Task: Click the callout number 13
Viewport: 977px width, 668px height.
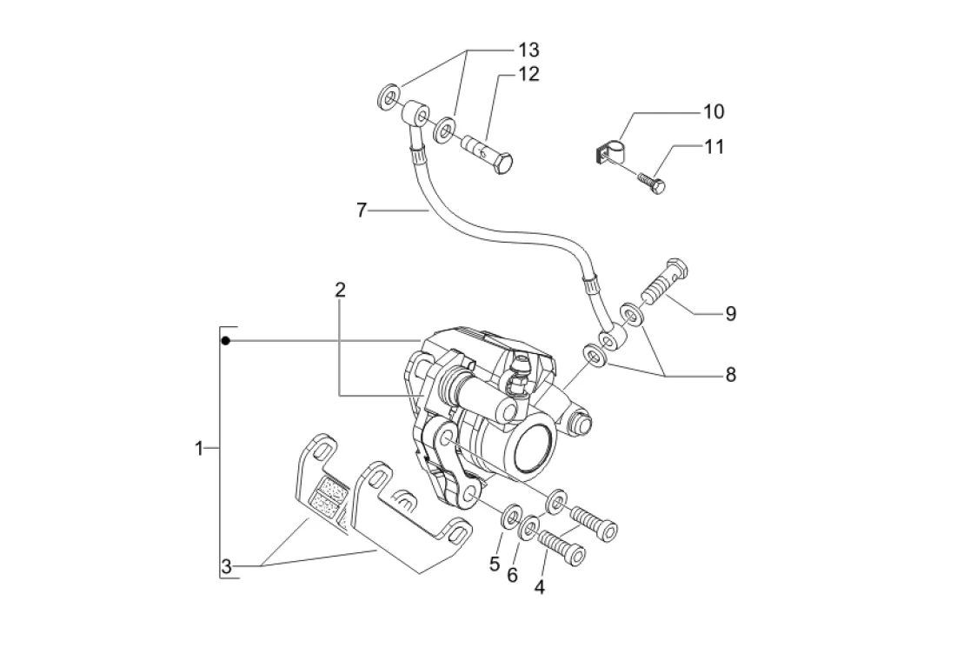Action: [529, 50]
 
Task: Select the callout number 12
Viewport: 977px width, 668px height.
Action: [529, 74]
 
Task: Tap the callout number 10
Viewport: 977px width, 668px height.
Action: [714, 111]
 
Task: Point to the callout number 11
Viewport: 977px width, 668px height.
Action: [714, 147]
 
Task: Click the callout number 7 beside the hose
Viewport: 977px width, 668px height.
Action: [362, 210]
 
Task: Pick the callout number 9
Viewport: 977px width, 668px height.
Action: [731, 313]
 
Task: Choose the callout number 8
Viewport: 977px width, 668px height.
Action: [731, 375]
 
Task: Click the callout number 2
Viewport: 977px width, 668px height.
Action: [340, 290]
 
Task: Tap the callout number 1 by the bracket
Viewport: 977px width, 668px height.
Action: [199, 449]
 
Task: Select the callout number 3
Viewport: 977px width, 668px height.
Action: [226, 567]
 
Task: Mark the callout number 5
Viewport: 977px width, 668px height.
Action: [495, 564]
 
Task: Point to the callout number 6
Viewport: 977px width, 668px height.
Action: [512, 575]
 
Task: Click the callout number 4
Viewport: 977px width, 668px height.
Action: [540, 587]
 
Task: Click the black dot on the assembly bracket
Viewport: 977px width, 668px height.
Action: [226, 341]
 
